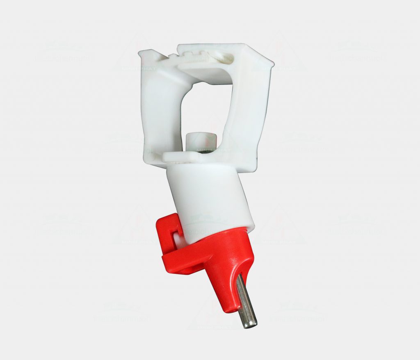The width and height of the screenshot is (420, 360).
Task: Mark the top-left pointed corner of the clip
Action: click(141, 52)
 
